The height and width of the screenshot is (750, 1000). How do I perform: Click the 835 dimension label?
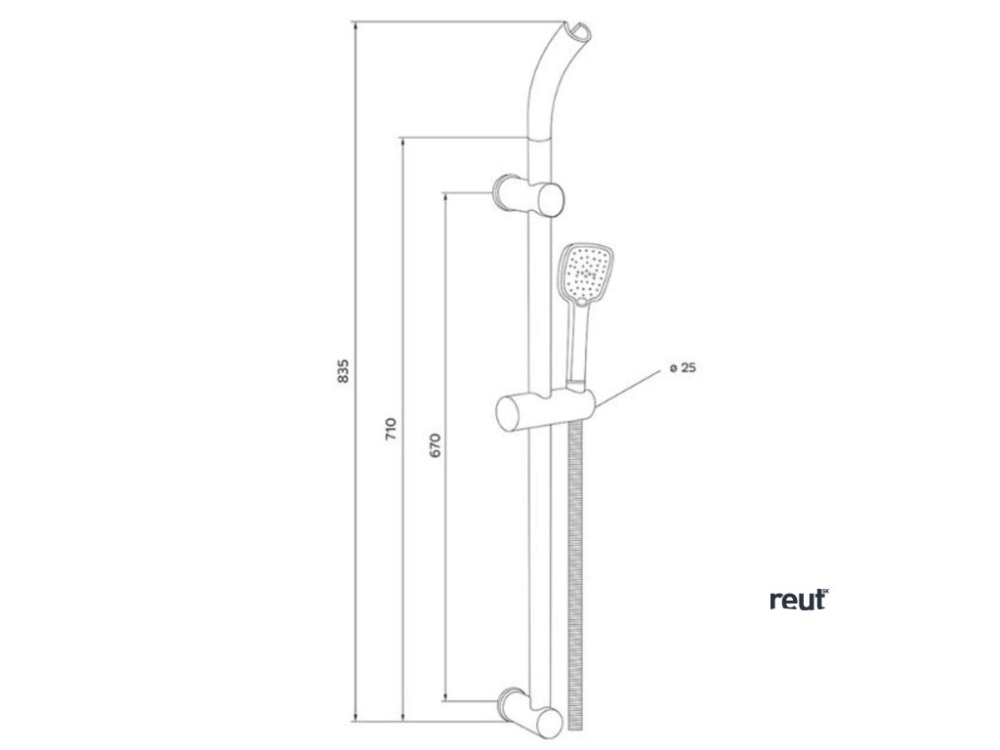[x=342, y=371]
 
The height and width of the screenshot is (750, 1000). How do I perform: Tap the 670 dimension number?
[x=436, y=445]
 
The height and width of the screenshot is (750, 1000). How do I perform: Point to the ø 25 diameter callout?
[x=682, y=368]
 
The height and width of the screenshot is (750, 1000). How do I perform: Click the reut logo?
[x=799, y=601]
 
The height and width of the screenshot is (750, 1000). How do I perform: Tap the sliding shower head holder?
[x=543, y=410]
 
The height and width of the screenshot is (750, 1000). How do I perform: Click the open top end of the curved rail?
[x=578, y=35]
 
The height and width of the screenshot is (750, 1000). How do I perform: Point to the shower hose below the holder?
[x=575, y=566]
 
